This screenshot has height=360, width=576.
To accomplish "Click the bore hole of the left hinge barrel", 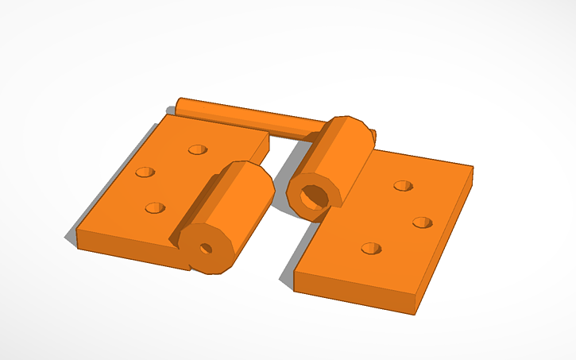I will pos(206,248).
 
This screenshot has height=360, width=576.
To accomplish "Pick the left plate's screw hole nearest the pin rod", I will pos(197,149).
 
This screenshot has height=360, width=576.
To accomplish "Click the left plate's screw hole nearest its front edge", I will pos(155,208).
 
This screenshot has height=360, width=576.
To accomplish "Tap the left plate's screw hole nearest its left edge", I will pos(145,172).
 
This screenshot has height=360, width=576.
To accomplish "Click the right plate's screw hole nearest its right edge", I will pos(422,222).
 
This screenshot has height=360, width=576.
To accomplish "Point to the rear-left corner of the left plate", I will pos(164,115).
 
